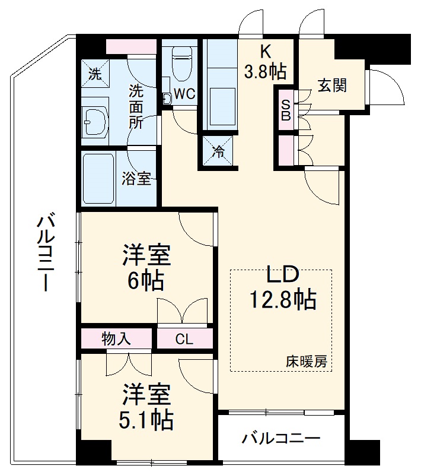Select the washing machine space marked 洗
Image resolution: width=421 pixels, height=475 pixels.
95,74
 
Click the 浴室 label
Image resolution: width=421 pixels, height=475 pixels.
136,178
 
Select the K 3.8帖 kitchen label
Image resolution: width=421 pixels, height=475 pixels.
264,62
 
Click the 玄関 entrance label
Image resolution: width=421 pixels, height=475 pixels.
332,85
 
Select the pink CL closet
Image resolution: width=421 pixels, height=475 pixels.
184,340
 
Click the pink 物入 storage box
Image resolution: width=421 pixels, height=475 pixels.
117,340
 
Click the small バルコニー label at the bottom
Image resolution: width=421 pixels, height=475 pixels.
281,439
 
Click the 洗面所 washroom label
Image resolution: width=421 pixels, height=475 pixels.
136,107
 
